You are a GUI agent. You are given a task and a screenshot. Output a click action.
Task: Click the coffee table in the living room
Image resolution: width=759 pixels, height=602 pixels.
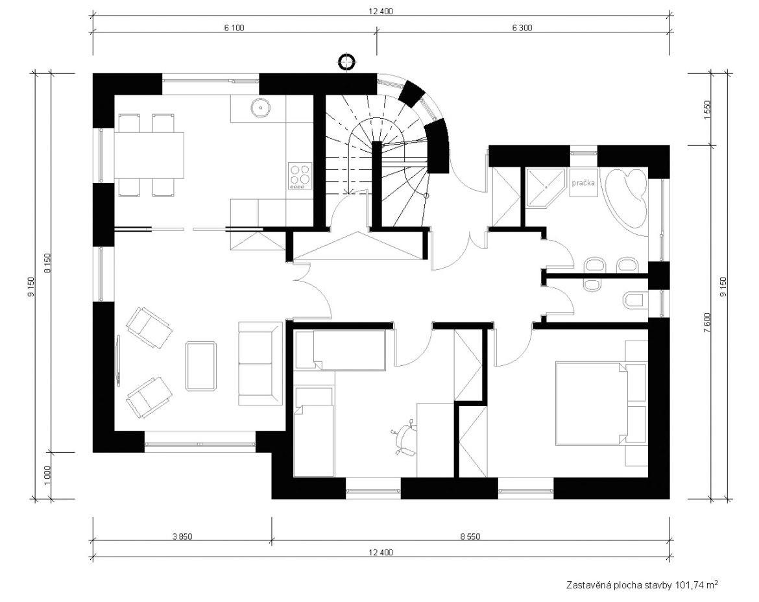201,366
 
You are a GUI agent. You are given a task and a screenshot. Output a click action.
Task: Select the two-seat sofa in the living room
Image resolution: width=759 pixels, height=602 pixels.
260,363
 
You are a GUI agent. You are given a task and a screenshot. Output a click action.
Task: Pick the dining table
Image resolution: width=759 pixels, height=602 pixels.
149,155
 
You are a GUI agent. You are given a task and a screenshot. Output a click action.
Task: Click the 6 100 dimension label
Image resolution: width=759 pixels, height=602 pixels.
234,28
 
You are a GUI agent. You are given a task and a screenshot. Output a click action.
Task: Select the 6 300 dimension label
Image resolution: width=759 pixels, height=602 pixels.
522,28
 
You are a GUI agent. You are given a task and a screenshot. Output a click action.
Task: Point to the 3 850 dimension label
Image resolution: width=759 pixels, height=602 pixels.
182,536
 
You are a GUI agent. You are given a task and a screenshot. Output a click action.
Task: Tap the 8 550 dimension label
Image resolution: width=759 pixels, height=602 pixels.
470,536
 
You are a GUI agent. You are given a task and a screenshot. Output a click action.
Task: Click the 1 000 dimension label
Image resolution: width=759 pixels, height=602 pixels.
47,476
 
